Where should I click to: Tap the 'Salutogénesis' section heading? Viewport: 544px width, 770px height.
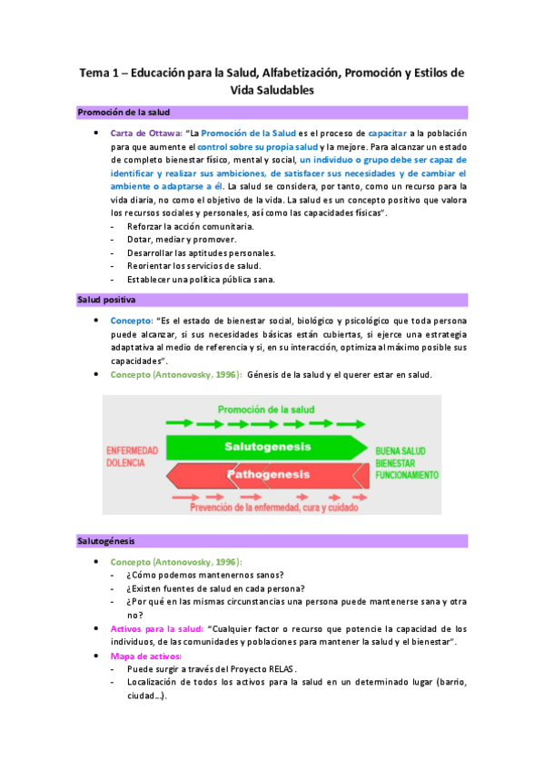point(106,541)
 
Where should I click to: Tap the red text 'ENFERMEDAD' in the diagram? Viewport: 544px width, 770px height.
point(132,450)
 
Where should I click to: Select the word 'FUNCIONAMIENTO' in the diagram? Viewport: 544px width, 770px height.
point(407,475)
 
